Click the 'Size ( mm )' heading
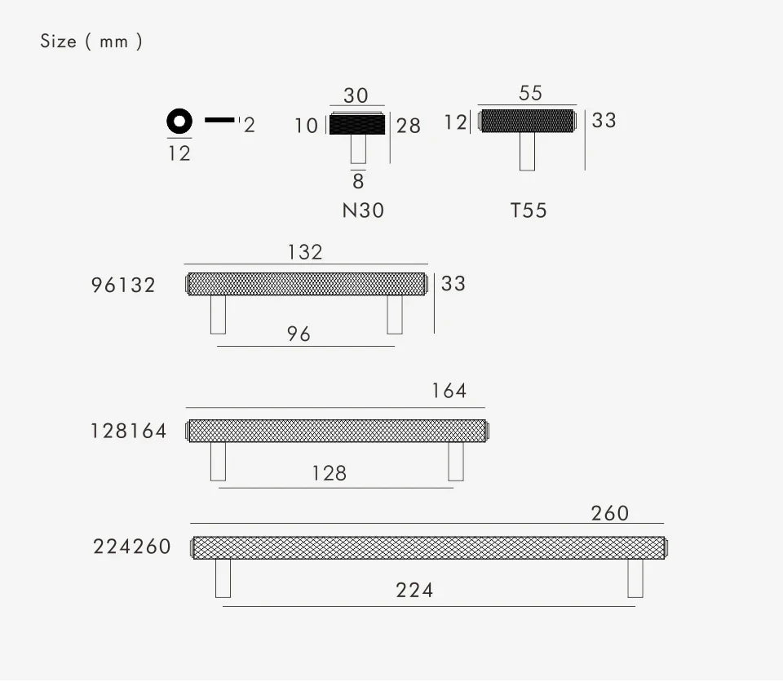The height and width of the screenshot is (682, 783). [x=91, y=41]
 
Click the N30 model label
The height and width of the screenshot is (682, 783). [x=363, y=210]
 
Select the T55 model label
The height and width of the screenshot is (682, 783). [x=529, y=210]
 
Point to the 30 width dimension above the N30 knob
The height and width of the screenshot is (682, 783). [x=356, y=95]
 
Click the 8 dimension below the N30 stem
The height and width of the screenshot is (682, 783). [x=358, y=181]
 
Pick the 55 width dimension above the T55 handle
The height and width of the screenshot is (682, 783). [x=530, y=93]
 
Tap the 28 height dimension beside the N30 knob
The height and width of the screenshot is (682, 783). [x=409, y=126]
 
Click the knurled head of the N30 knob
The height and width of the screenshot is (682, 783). [x=357, y=125]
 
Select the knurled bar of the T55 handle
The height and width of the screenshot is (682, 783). [x=528, y=121]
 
